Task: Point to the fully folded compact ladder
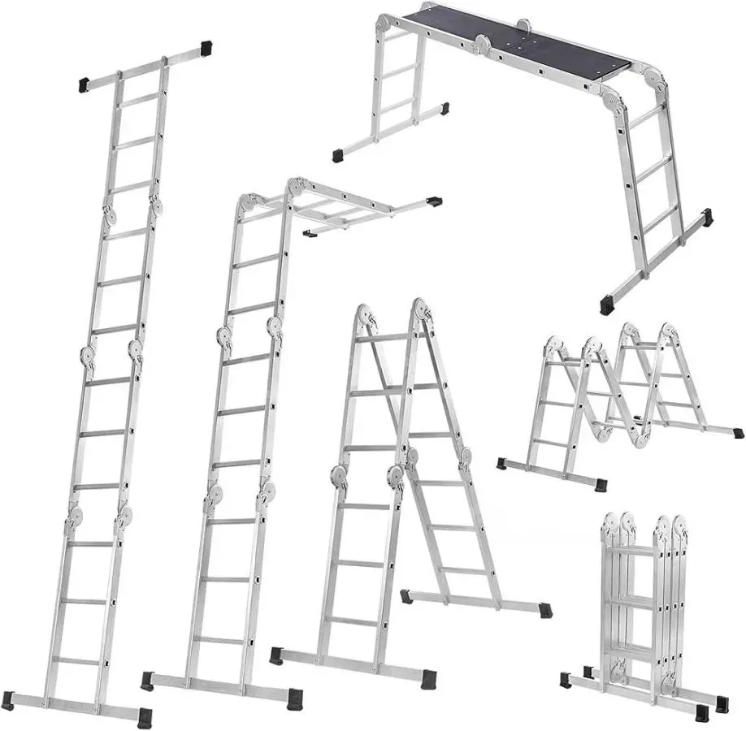coord(642,609)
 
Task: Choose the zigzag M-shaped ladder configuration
coord(618,398)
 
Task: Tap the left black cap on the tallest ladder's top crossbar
coord(83,82)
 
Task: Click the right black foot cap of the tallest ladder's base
coord(144,716)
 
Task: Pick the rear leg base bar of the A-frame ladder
coord(475,603)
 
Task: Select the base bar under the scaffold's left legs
coord(390,129)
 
